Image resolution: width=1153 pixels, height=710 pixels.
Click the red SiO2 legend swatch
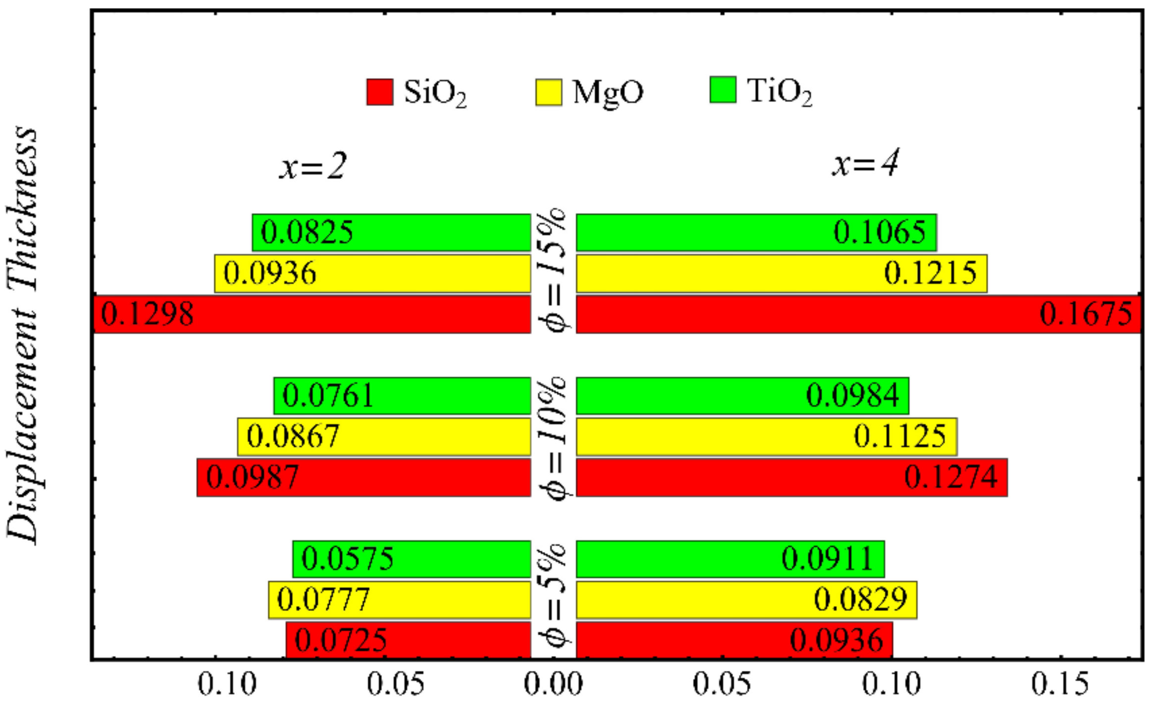coord(380,92)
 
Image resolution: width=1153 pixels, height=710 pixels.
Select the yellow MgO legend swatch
coord(548,93)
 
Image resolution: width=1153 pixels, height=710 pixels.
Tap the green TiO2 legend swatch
coord(723,90)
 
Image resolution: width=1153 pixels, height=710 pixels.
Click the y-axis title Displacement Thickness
coord(22,335)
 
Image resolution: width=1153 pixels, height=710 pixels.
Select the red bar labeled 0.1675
coord(858,315)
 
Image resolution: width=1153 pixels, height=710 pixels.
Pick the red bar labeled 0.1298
coord(312,315)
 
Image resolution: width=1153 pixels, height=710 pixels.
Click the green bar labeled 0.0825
coord(391,233)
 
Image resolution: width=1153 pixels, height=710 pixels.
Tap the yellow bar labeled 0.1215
coord(781,274)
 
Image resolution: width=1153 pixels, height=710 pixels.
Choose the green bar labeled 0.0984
coord(742,396)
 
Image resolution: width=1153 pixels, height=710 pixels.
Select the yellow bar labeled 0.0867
coord(384,437)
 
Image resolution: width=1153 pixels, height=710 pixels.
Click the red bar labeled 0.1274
coord(791,478)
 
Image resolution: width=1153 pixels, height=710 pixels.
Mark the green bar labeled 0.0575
coord(411,559)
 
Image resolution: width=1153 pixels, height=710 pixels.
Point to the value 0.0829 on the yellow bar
coord(861,600)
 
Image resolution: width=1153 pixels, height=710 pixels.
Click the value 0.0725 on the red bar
coord(340,640)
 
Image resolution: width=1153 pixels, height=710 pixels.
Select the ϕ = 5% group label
coord(553,596)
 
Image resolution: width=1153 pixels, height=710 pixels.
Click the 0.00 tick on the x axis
coord(553,685)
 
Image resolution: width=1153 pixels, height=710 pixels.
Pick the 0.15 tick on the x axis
coord(1060,685)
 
